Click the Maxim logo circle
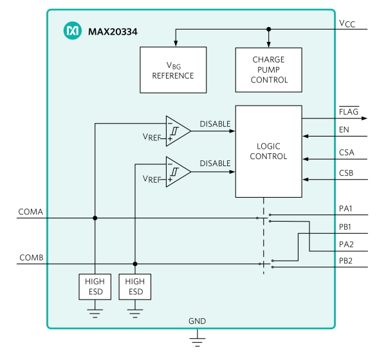coord(72,30)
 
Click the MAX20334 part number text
coord(113,32)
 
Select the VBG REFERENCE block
coord(173,70)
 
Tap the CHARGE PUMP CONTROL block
coord(268,70)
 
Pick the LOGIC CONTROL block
coord(268,151)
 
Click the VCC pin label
coord(347,24)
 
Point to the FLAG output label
coord(349,111)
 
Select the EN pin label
coord(344,129)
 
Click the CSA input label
coord(347,153)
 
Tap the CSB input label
coord(346,173)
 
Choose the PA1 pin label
coord(345,209)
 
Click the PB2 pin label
coord(345,261)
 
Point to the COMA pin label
coord(30,212)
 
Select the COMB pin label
coord(32,258)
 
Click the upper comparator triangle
coord(178,131)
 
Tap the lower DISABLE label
coord(215,164)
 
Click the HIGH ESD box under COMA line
coord(95,287)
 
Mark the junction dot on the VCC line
coord(269,29)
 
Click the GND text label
coord(198,321)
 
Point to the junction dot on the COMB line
coord(135,264)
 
